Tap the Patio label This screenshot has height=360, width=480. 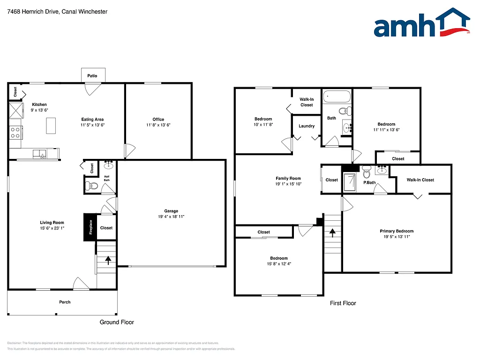click(x=92, y=75)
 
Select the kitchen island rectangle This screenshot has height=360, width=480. click(x=51, y=126)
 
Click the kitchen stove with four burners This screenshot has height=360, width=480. click(x=15, y=132)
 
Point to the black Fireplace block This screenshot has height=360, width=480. click(x=90, y=227)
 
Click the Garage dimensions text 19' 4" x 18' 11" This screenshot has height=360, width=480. click(x=171, y=217)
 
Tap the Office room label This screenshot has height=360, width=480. click(x=158, y=119)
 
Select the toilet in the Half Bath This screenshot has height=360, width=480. click(x=92, y=187)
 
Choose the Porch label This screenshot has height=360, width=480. click(x=65, y=302)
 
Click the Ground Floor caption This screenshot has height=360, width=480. click(x=117, y=322)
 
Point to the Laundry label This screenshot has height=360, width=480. click(x=307, y=126)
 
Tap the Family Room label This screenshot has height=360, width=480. click(x=288, y=178)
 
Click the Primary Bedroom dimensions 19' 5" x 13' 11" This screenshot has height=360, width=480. click(x=397, y=237)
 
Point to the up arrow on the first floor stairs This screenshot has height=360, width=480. click(x=332, y=232)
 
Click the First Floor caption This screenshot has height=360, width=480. click(x=343, y=303)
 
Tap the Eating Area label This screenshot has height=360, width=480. click(x=92, y=119)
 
